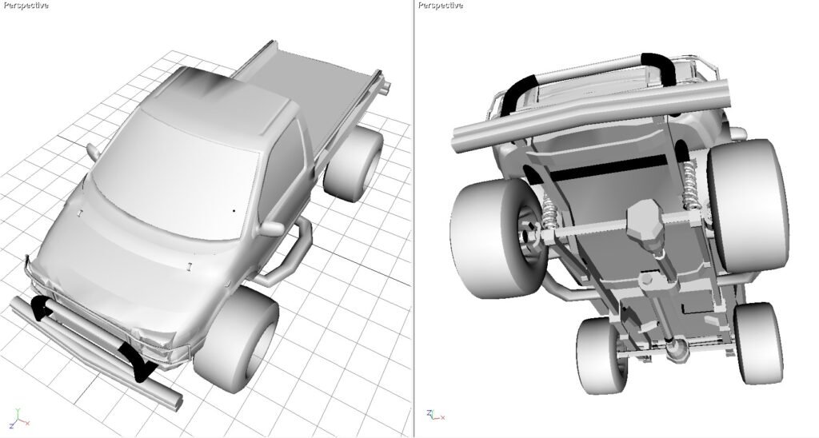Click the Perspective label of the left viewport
click(x=26, y=6)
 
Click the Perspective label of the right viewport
click(x=441, y=6)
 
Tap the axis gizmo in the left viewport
click(x=19, y=419)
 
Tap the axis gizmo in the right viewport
click(x=435, y=415)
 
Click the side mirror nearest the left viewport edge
click(x=93, y=151)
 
